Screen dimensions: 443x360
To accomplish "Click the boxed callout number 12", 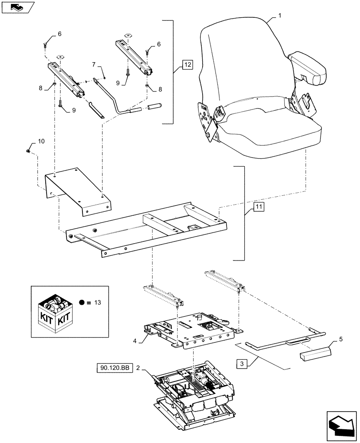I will pos(187,65).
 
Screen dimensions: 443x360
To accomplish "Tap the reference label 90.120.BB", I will pos(113,368).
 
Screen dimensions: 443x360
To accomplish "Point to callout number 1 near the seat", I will pos(280,16).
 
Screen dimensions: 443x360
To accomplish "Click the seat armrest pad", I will pos(307,68).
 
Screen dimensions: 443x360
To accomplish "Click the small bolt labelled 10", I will pos(28,152).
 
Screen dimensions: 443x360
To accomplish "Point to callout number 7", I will pos(94,65).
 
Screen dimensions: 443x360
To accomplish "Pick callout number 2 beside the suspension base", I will pos(138,368).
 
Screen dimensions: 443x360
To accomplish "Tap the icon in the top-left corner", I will pos(17,7).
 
